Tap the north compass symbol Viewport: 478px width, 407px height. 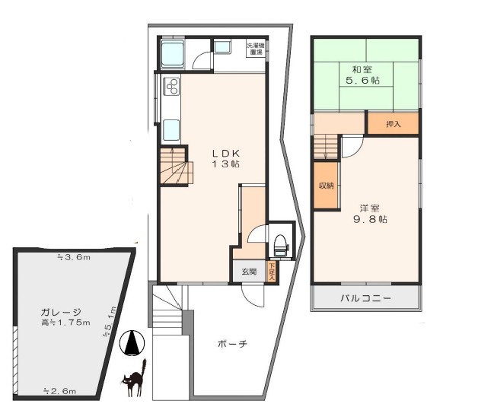click(132, 344)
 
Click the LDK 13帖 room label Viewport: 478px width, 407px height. click(226, 158)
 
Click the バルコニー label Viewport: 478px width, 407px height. click(365, 298)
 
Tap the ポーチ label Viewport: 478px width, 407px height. click(232, 344)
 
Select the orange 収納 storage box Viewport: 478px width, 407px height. click(326, 185)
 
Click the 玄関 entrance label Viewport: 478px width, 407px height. click(250, 272)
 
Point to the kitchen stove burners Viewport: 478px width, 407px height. click(170, 85)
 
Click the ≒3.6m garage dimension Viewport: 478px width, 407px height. click(74, 258)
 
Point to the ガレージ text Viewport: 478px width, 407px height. click(62, 312)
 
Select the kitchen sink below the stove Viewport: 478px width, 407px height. click(170, 129)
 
